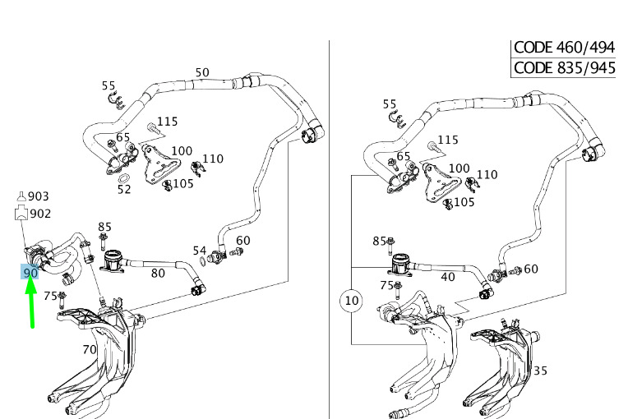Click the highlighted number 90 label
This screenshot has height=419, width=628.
click(30, 273)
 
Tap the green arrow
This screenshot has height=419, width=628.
click(31, 305)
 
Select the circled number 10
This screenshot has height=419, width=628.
click(351, 301)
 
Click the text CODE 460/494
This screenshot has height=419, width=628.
click(564, 48)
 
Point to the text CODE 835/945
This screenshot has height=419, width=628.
click(564, 67)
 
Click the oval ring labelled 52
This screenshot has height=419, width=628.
click(124, 177)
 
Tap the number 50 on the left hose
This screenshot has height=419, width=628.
click(202, 72)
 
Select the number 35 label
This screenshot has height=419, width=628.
click(540, 371)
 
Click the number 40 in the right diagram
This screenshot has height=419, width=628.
click(448, 277)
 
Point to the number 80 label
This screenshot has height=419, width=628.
click(158, 274)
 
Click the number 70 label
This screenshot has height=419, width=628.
click(90, 349)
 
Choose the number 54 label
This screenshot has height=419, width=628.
click(200, 251)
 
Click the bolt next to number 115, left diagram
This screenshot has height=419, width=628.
click(152, 127)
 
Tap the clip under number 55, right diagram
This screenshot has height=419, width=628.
click(396, 120)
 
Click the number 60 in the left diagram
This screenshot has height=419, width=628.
click(243, 241)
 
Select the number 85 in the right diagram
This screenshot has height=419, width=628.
click(379, 241)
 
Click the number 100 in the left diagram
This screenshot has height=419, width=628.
click(182, 151)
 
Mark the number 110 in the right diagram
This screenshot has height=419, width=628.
click(487, 174)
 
